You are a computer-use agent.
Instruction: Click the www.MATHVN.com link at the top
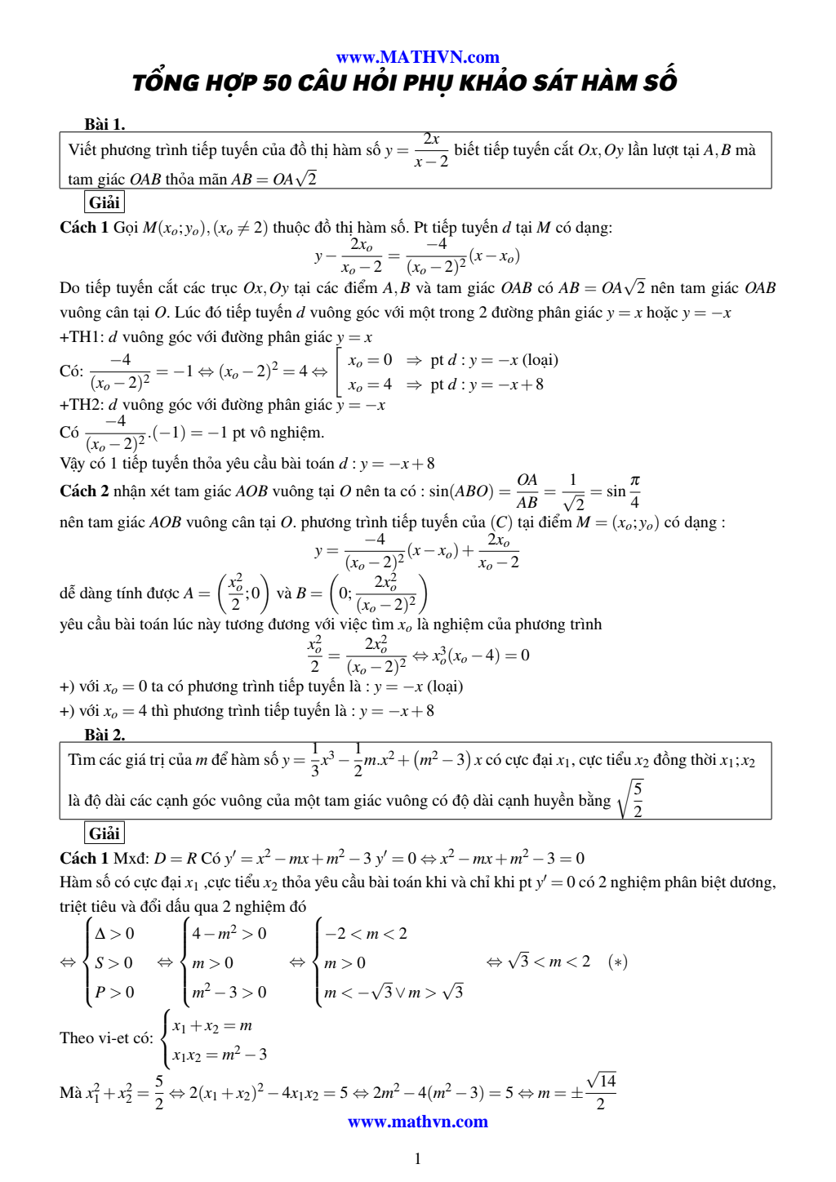coord(417,57)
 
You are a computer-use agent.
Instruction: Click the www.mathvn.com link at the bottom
coord(417,1122)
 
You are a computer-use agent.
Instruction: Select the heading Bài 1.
coord(104,124)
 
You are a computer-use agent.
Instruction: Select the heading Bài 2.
coord(104,735)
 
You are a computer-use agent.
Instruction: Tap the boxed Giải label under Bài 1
coord(104,202)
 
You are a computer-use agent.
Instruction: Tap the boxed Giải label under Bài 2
coord(104,833)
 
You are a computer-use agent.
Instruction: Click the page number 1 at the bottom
coord(417,1158)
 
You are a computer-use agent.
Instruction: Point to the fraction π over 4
coord(634,491)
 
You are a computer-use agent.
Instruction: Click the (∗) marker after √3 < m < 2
coord(617,962)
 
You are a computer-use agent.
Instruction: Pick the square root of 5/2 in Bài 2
coord(631,799)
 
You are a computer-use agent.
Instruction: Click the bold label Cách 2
coord(84,491)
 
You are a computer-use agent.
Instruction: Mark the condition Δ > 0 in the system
coord(114,934)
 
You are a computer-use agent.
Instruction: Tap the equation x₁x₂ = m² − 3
coord(220,1055)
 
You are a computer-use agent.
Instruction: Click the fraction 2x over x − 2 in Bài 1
coord(431,150)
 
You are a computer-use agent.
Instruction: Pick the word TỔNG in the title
coord(166,82)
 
